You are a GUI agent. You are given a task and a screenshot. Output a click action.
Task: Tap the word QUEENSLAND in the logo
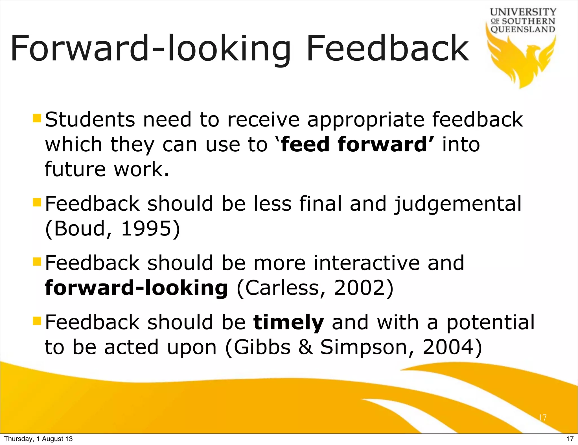click(x=523, y=29)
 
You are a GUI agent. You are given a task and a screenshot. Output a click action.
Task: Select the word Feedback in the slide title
click(x=387, y=49)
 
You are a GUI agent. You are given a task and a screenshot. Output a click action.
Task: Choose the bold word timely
click(x=288, y=322)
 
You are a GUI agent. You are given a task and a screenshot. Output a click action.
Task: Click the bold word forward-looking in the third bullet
click(x=136, y=288)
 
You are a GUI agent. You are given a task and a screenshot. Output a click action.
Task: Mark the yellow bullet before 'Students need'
click(x=37, y=118)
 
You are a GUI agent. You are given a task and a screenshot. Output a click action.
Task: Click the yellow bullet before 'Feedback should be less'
click(x=37, y=202)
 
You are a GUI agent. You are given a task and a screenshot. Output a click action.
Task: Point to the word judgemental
click(x=458, y=204)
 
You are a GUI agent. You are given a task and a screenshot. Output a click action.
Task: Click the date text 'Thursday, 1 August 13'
click(x=38, y=439)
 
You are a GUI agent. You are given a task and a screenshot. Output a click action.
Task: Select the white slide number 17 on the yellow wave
click(x=542, y=417)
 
